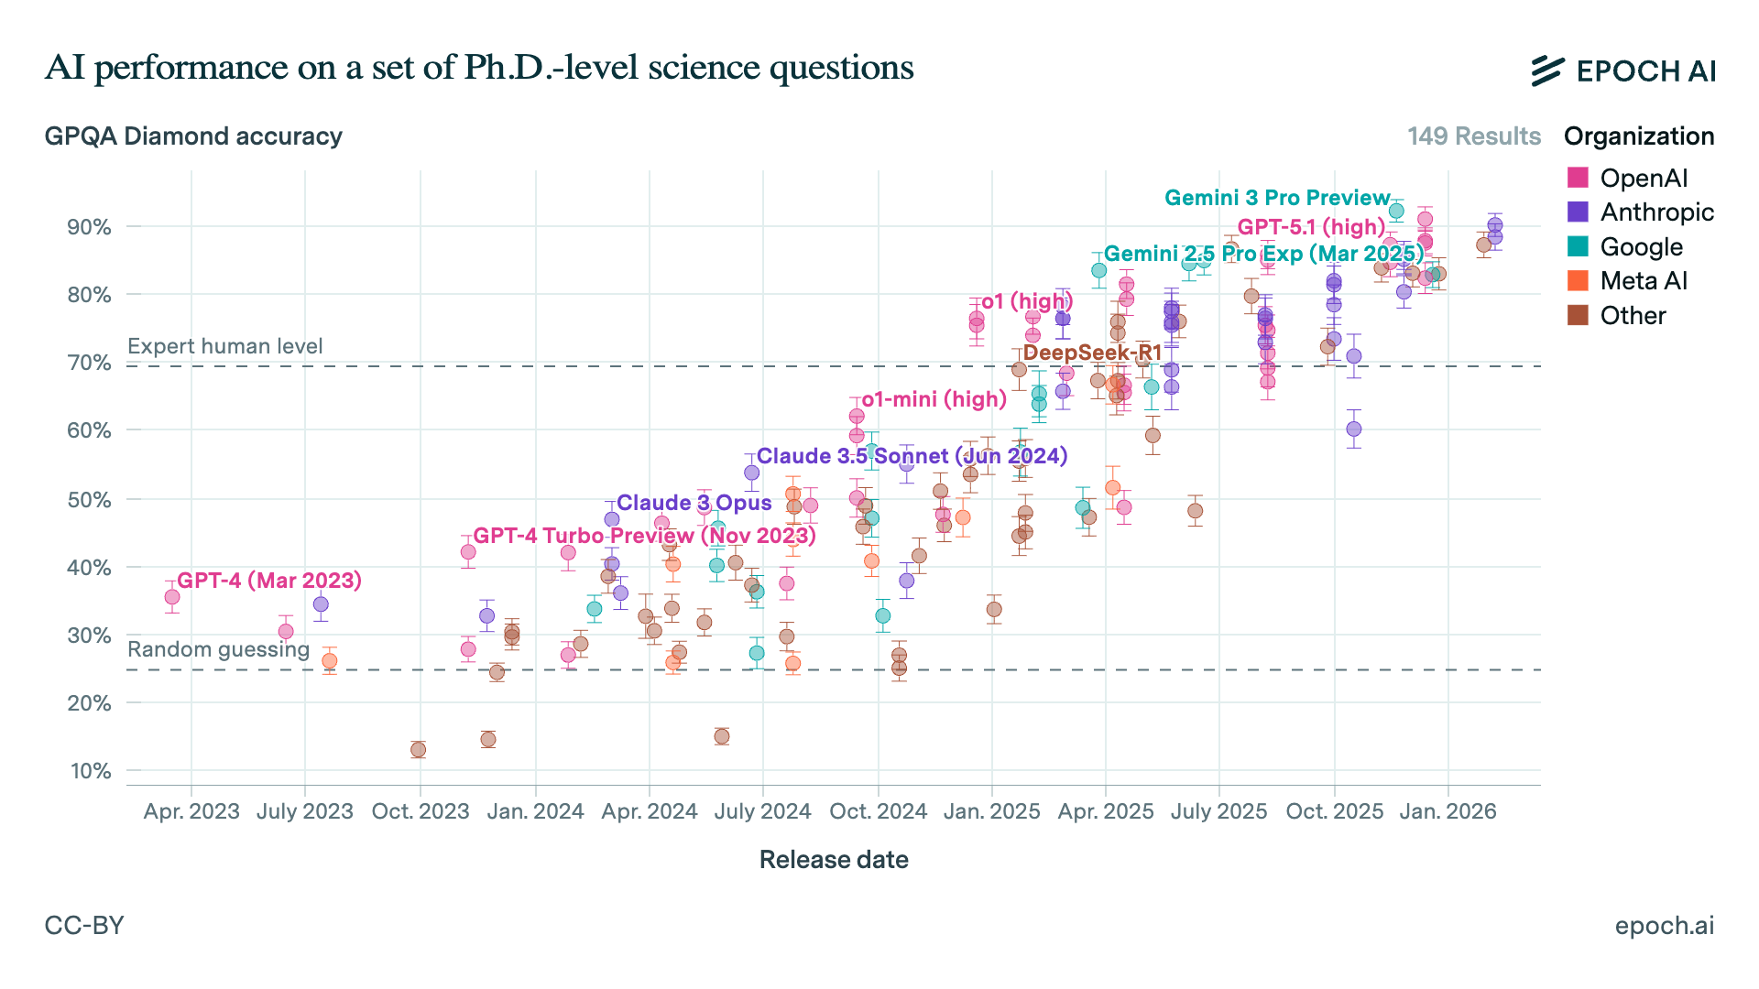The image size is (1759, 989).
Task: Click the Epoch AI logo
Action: click(1622, 71)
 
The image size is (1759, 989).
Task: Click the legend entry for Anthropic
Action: click(1656, 212)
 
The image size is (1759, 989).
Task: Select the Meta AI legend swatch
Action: click(1578, 281)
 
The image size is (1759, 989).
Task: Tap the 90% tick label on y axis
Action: click(89, 227)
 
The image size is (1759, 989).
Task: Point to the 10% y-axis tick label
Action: click(91, 771)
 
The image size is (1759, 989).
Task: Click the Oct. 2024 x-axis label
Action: click(878, 811)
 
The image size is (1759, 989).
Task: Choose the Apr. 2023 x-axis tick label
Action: click(191, 811)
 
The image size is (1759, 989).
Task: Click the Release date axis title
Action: click(834, 860)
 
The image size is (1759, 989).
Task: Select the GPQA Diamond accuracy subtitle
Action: click(193, 136)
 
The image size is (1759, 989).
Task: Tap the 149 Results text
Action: click(1474, 136)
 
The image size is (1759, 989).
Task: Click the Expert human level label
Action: click(225, 346)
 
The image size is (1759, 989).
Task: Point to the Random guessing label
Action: click(218, 649)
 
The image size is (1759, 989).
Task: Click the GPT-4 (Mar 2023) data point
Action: click(172, 597)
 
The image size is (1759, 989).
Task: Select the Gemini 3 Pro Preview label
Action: click(1277, 198)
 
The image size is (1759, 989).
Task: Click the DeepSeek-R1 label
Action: click(1092, 353)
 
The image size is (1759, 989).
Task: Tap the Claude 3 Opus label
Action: click(694, 503)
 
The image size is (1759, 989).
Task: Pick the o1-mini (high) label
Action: click(934, 399)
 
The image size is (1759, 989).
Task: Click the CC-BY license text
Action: click(84, 925)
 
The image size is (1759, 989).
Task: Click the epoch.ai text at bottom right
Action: click(1664, 925)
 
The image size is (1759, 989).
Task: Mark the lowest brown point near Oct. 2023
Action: click(418, 750)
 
